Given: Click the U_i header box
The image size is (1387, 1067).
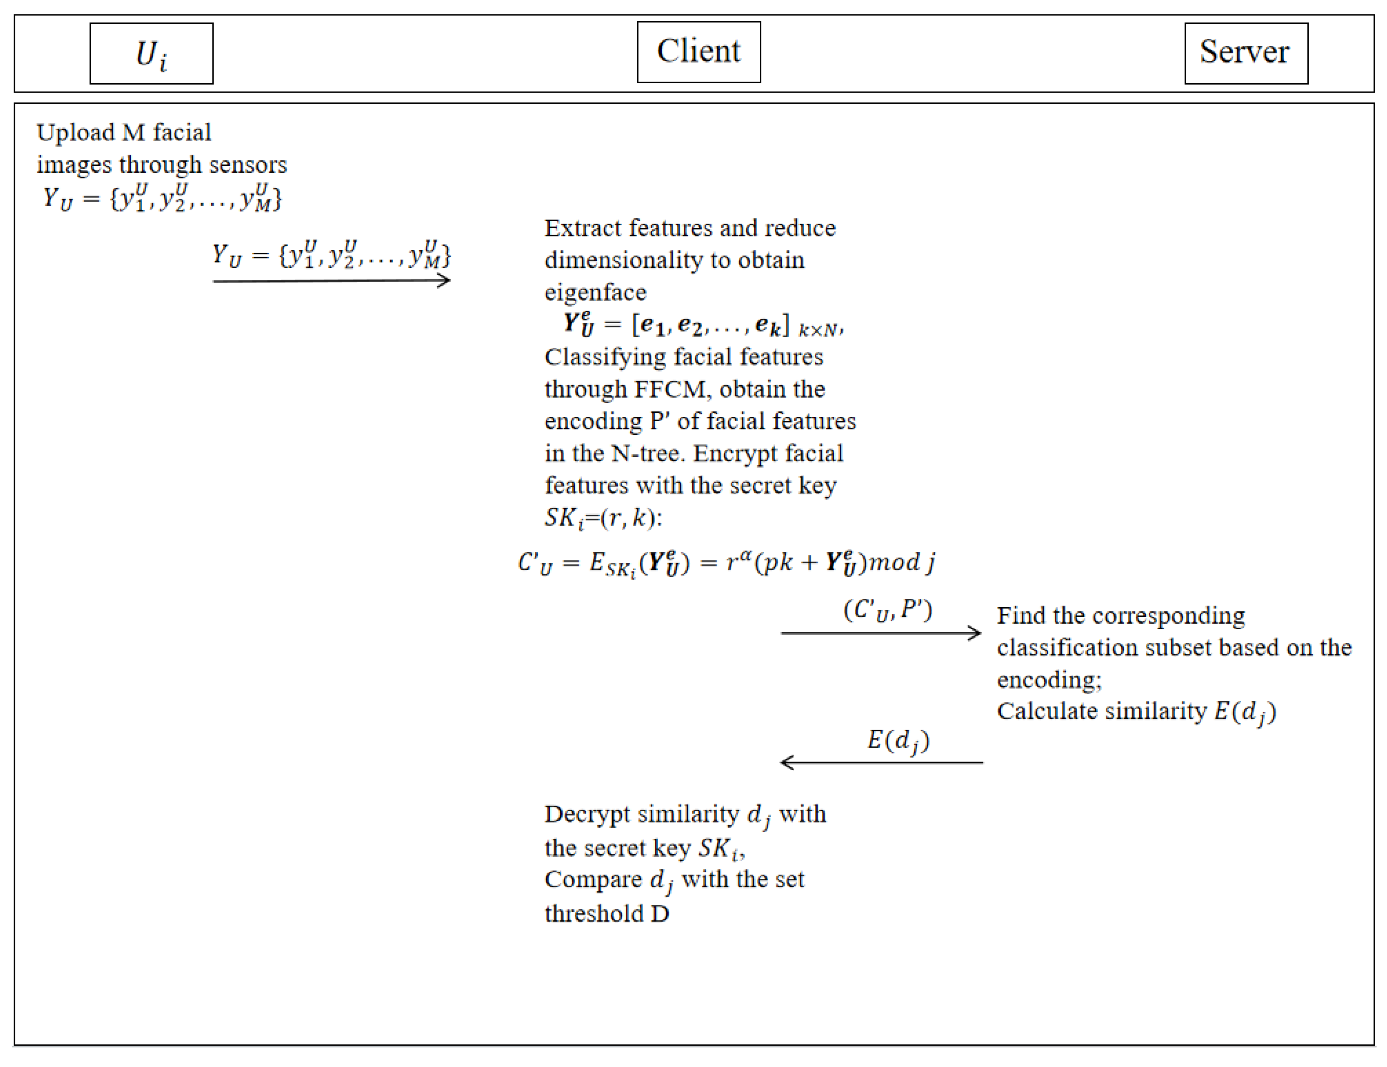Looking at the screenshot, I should pos(151,53).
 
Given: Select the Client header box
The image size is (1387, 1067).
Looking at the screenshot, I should pos(698,52).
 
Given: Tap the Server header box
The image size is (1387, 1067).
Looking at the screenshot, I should pos(1246,53).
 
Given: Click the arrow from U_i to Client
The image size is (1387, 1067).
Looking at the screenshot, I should pos(332,281).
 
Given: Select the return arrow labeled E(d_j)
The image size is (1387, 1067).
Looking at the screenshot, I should pos(881,762).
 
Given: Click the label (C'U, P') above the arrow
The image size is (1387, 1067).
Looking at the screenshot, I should pos(888,610).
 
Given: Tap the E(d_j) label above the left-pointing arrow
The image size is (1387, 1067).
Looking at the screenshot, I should pos(898,740).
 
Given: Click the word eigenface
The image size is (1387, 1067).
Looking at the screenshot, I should pos(595,292).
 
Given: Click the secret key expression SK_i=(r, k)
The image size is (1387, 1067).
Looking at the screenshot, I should pos(603,518).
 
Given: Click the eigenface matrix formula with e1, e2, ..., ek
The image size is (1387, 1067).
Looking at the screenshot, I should pos(702,325).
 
